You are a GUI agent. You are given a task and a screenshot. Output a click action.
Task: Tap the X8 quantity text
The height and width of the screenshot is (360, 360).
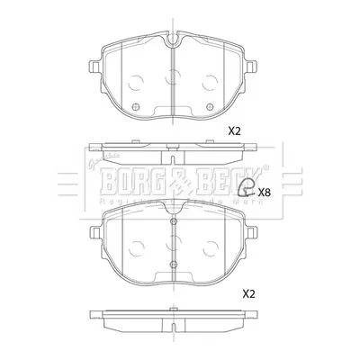coord(264,192)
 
